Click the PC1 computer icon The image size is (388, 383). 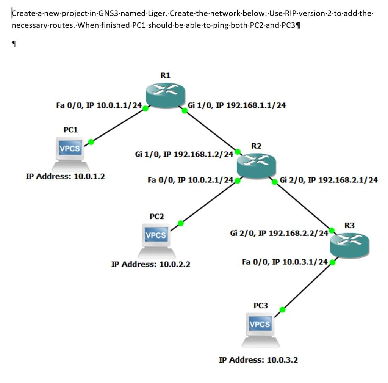[70, 154]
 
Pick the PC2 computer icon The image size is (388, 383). [156, 240]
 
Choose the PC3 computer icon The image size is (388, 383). [261, 329]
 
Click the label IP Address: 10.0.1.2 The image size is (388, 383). [65, 176]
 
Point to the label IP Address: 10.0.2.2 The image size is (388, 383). [150, 264]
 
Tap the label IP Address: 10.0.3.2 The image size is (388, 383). [258, 359]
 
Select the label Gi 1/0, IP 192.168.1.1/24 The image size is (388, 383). [237, 105]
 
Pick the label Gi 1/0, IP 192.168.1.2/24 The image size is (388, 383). [184, 154]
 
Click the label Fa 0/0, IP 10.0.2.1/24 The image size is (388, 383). [190, 180]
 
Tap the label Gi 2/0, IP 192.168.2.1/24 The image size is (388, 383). [329, 180]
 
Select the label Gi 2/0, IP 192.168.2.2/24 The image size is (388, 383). [279, 232]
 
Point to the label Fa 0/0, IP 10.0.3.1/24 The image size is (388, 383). [285, 262]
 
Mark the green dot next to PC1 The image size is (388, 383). [91, 142]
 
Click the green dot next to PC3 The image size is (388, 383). [282, 309]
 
